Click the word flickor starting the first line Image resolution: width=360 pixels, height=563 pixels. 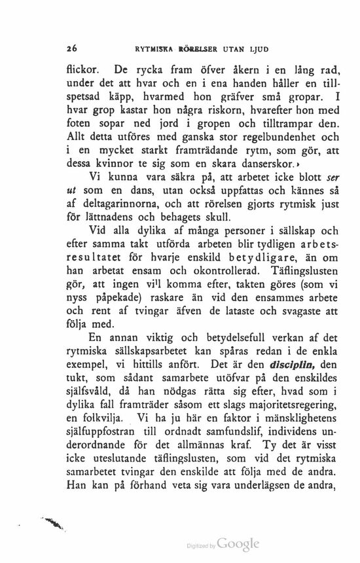tap(82, 67)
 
